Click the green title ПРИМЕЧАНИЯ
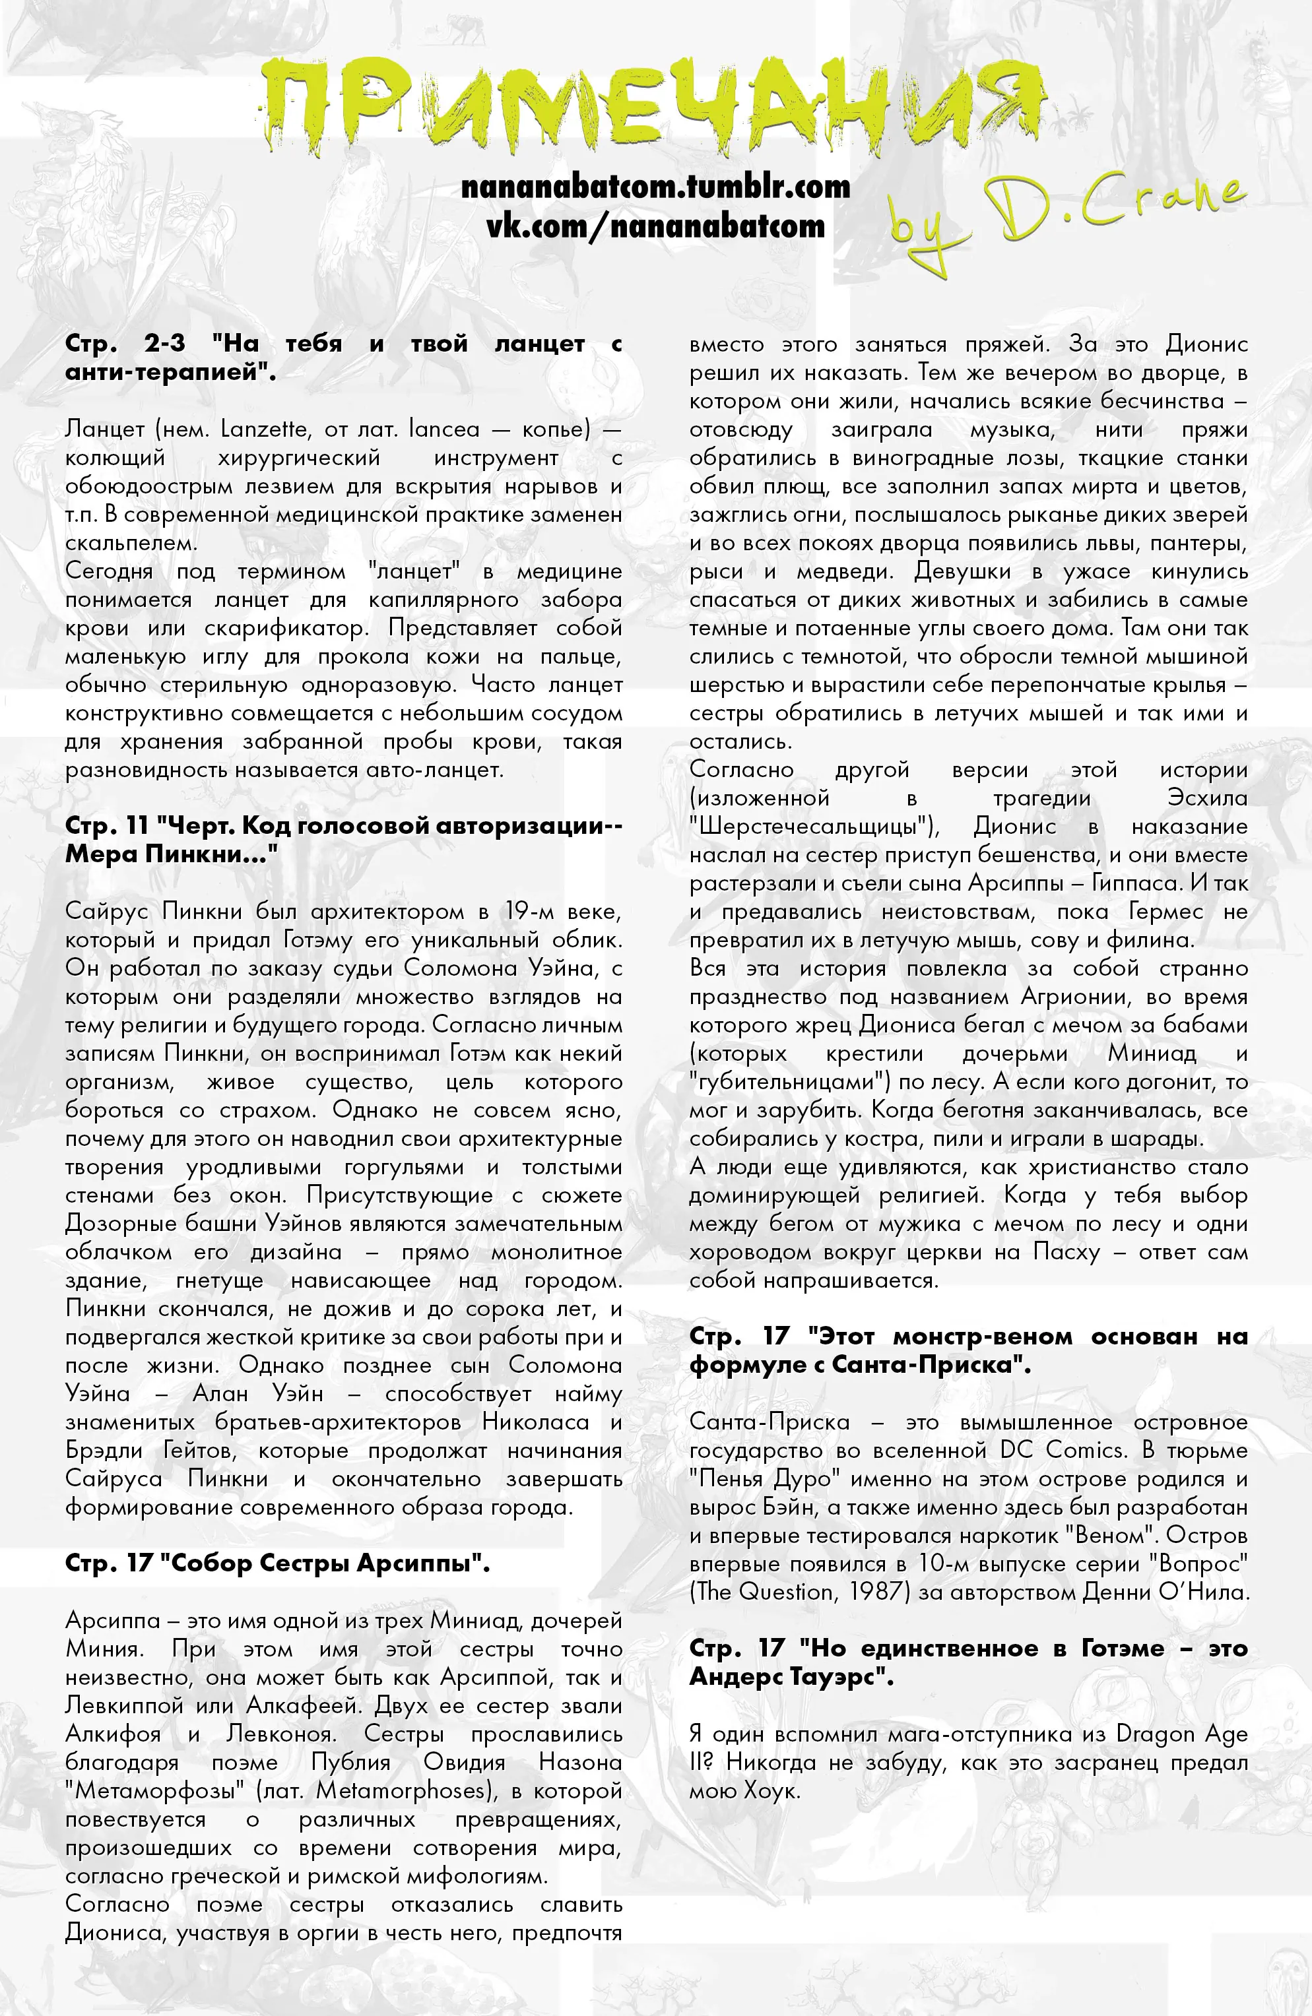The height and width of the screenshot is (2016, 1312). [653, 106]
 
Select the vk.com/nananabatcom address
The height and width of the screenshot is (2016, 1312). [655, 226]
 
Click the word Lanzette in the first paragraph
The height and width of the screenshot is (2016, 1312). [263, 429]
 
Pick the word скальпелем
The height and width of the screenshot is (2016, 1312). [131, 543]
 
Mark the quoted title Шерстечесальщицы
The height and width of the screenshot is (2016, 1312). [814, 827]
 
